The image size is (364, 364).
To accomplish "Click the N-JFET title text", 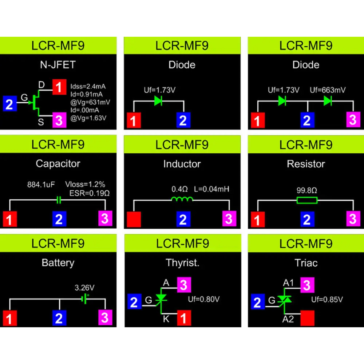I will (x=58, y=65).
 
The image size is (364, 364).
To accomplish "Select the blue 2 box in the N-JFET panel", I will (x=10, y=104).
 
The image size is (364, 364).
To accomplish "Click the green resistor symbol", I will (x=307, y=200).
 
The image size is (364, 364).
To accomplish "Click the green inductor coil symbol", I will (x=182, y=199).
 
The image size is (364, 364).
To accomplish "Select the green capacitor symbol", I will (x=58, y=200).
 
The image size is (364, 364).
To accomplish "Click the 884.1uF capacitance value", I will (x=41, y=185).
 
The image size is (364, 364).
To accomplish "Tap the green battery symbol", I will (x=85, y=299).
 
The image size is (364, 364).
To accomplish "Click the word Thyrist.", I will (x=182, y=263).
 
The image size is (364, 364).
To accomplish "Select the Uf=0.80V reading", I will (x=204, y=300).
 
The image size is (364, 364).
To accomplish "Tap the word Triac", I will (x=306, y=263).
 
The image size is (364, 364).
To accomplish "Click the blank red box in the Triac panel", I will (x=307, y=318).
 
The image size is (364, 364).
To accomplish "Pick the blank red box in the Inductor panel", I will (x=134, y=219).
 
